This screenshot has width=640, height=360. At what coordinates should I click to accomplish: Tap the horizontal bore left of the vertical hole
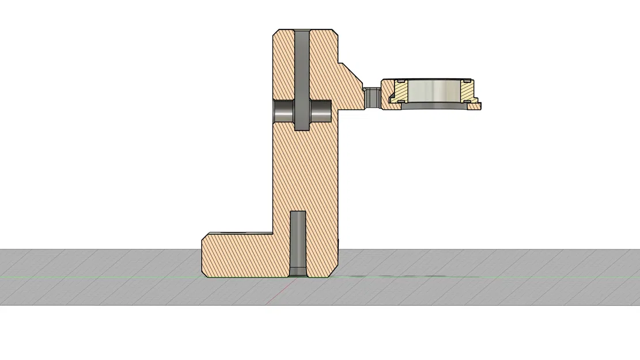coord(283,111)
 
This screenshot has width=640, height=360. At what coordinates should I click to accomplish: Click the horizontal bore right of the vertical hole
coord(321,111)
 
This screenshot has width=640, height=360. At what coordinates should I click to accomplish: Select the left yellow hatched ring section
coord(399,91)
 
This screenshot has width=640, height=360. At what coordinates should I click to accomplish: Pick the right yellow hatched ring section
coord(467,90)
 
